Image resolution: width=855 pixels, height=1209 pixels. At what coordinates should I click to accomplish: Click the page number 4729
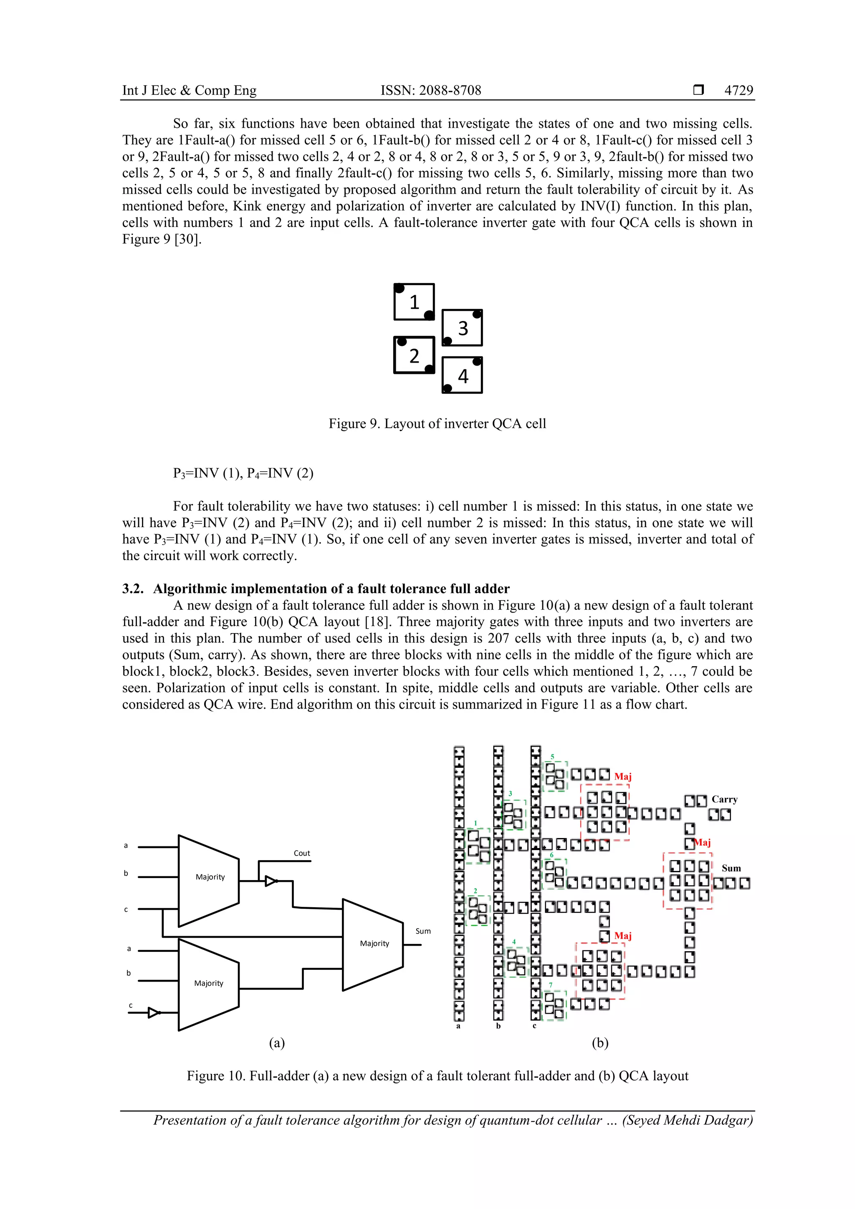point(738,91)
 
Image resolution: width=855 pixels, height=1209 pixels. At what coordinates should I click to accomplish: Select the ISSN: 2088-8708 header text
point(430,91)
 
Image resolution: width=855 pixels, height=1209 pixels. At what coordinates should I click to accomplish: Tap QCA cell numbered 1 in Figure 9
point(414,302)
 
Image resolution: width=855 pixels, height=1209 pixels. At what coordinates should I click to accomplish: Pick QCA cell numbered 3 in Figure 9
point(463,328)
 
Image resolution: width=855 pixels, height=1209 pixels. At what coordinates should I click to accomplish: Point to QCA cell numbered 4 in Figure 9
point(463,376)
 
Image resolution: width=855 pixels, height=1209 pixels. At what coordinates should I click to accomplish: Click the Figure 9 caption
point(437,424)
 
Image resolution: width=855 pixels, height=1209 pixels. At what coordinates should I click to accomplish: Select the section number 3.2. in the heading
point(133,589)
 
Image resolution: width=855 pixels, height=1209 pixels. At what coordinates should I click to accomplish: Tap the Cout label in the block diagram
point(302,853)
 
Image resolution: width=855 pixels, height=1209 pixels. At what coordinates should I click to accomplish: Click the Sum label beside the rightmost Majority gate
point(423,931)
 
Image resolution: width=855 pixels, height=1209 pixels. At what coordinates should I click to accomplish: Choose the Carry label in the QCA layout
point(724,799)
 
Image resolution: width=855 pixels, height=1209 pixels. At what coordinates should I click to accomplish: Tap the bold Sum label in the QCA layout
point(731,868)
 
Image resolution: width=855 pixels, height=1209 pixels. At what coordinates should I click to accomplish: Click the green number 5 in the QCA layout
point(552,757)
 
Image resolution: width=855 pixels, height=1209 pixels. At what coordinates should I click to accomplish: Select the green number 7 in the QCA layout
point(551,984)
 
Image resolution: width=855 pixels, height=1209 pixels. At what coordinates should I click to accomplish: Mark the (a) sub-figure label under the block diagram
point(276,1043)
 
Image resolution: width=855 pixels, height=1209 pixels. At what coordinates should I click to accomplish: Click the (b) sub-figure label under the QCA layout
point(600,1043)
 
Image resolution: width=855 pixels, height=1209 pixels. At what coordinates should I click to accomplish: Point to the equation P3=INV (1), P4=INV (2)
point(243,473)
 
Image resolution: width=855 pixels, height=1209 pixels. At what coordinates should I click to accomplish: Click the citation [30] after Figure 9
point(189,240)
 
